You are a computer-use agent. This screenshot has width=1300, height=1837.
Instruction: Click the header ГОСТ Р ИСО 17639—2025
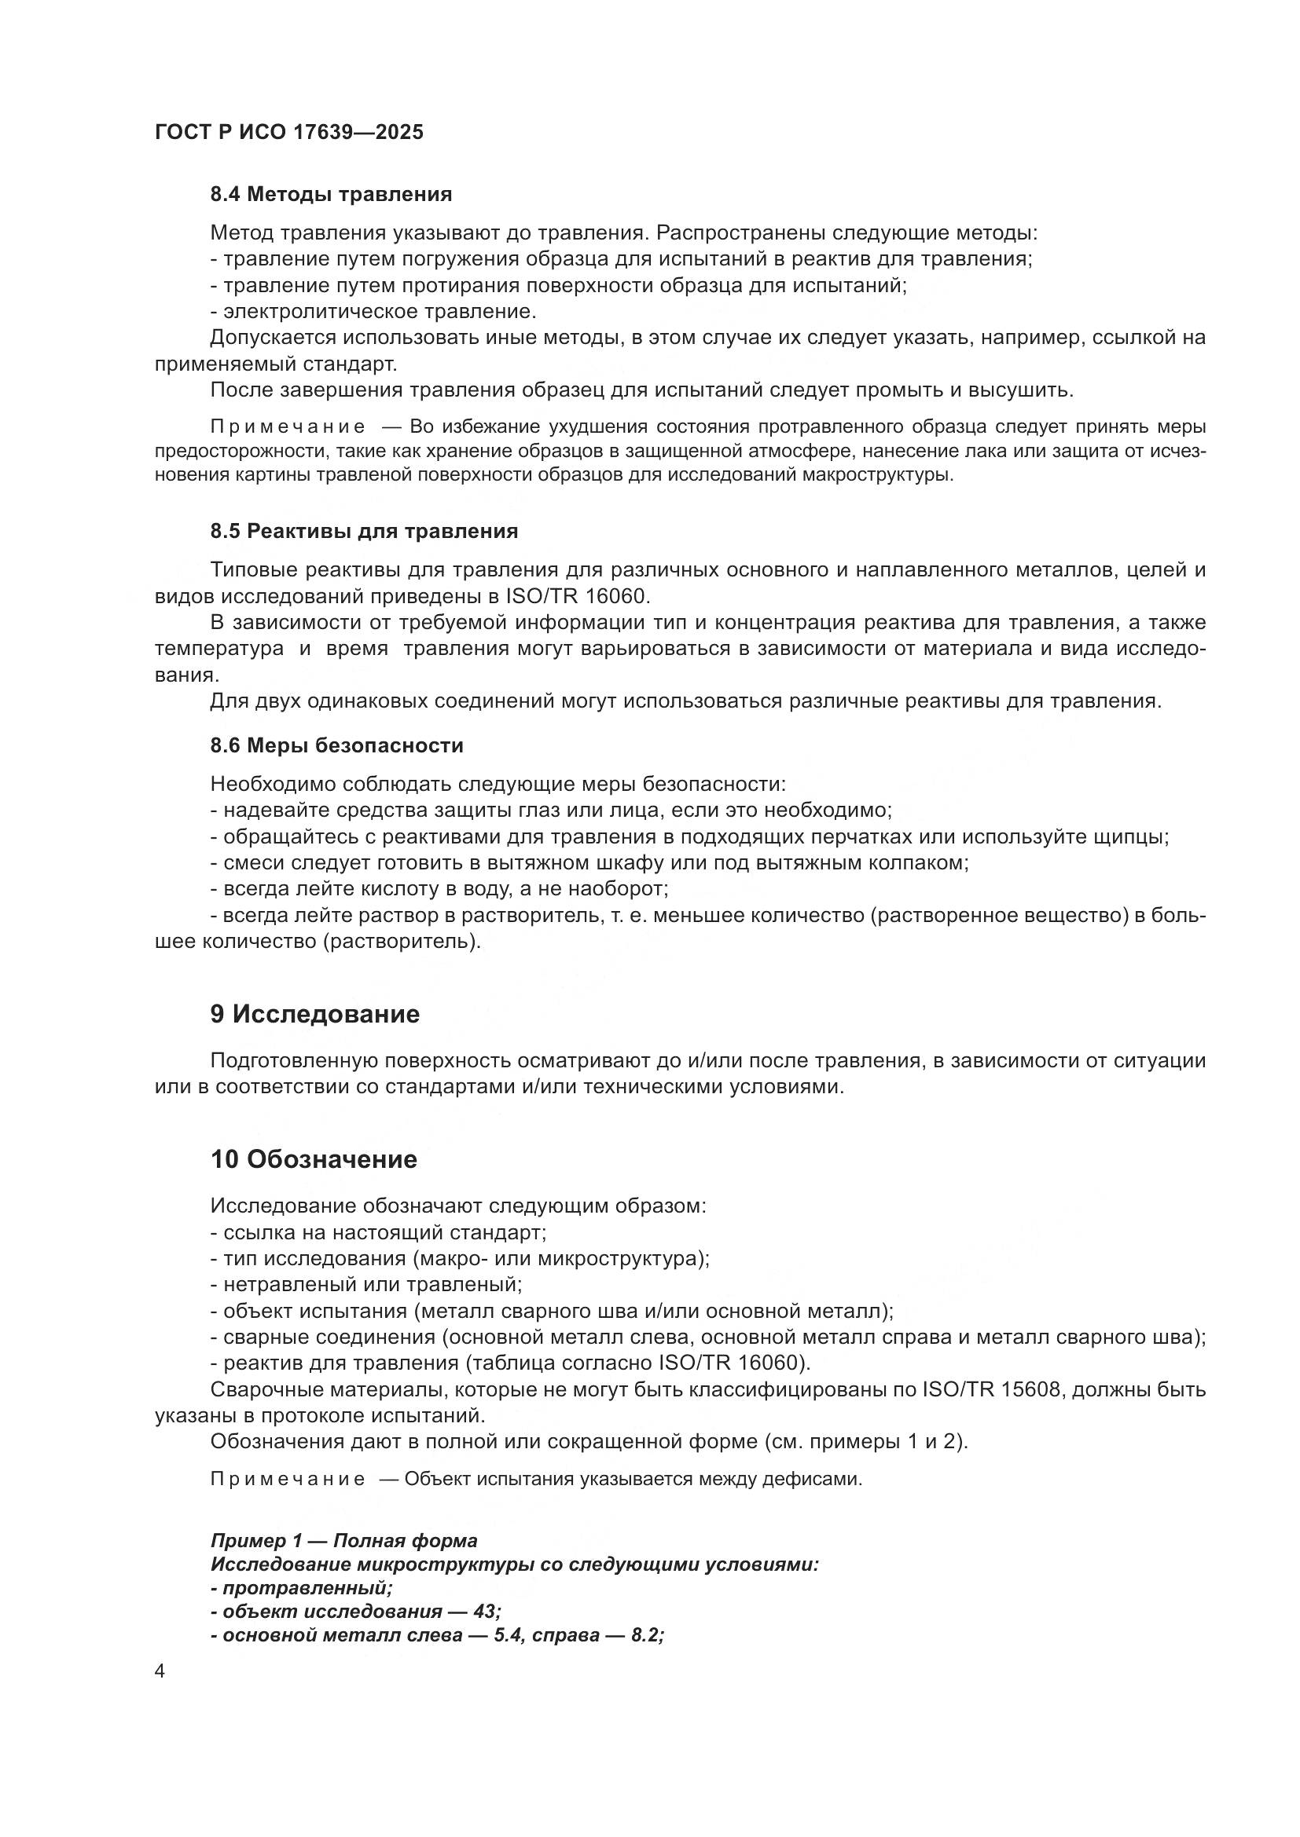[x=289, y=133]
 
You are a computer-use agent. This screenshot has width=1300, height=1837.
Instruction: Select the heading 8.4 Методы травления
[x=331, y=195]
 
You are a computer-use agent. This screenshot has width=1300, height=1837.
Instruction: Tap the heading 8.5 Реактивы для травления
[x=363, y=531]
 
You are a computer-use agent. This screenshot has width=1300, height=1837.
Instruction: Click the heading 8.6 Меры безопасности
[x=336, y=745]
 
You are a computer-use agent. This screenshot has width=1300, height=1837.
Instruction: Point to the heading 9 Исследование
[x=314, y=1015]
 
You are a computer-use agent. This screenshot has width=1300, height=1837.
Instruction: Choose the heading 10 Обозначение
[x=313, y=1159]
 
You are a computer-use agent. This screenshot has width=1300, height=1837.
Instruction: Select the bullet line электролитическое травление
[x=373, y=311]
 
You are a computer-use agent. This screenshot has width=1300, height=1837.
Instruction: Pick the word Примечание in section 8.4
[x=288, y=426]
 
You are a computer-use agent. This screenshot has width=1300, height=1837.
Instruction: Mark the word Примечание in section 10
[x=288, y=1480]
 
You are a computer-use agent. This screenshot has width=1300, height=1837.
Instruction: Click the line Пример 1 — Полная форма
[x=343, y=1541]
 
